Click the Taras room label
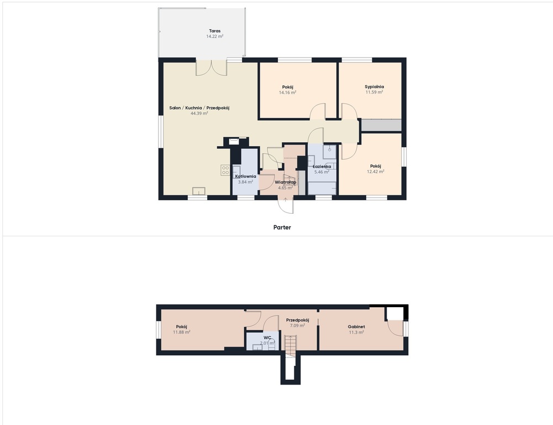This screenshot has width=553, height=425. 214,31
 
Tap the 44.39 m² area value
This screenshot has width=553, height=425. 199,113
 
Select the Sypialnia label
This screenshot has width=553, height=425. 374,86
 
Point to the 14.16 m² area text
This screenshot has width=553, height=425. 287,92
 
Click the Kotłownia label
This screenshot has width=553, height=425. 245,177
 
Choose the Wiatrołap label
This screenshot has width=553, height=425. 285,182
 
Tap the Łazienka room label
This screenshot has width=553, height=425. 322,167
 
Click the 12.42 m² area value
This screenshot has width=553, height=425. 376,172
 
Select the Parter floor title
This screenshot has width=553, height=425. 282,227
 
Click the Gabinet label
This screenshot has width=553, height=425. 356,327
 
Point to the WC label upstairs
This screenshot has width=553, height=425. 267,338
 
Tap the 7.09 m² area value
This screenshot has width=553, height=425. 297,326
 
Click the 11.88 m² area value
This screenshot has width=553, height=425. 182,332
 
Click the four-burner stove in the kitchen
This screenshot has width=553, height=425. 225,170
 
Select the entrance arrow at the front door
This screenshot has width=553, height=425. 285,200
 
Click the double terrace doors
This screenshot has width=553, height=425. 211,68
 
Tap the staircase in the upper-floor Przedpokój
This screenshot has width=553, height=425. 291,346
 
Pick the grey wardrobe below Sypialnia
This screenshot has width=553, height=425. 381,126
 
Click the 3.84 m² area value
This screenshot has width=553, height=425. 245,182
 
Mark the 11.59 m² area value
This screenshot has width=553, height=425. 374,92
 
